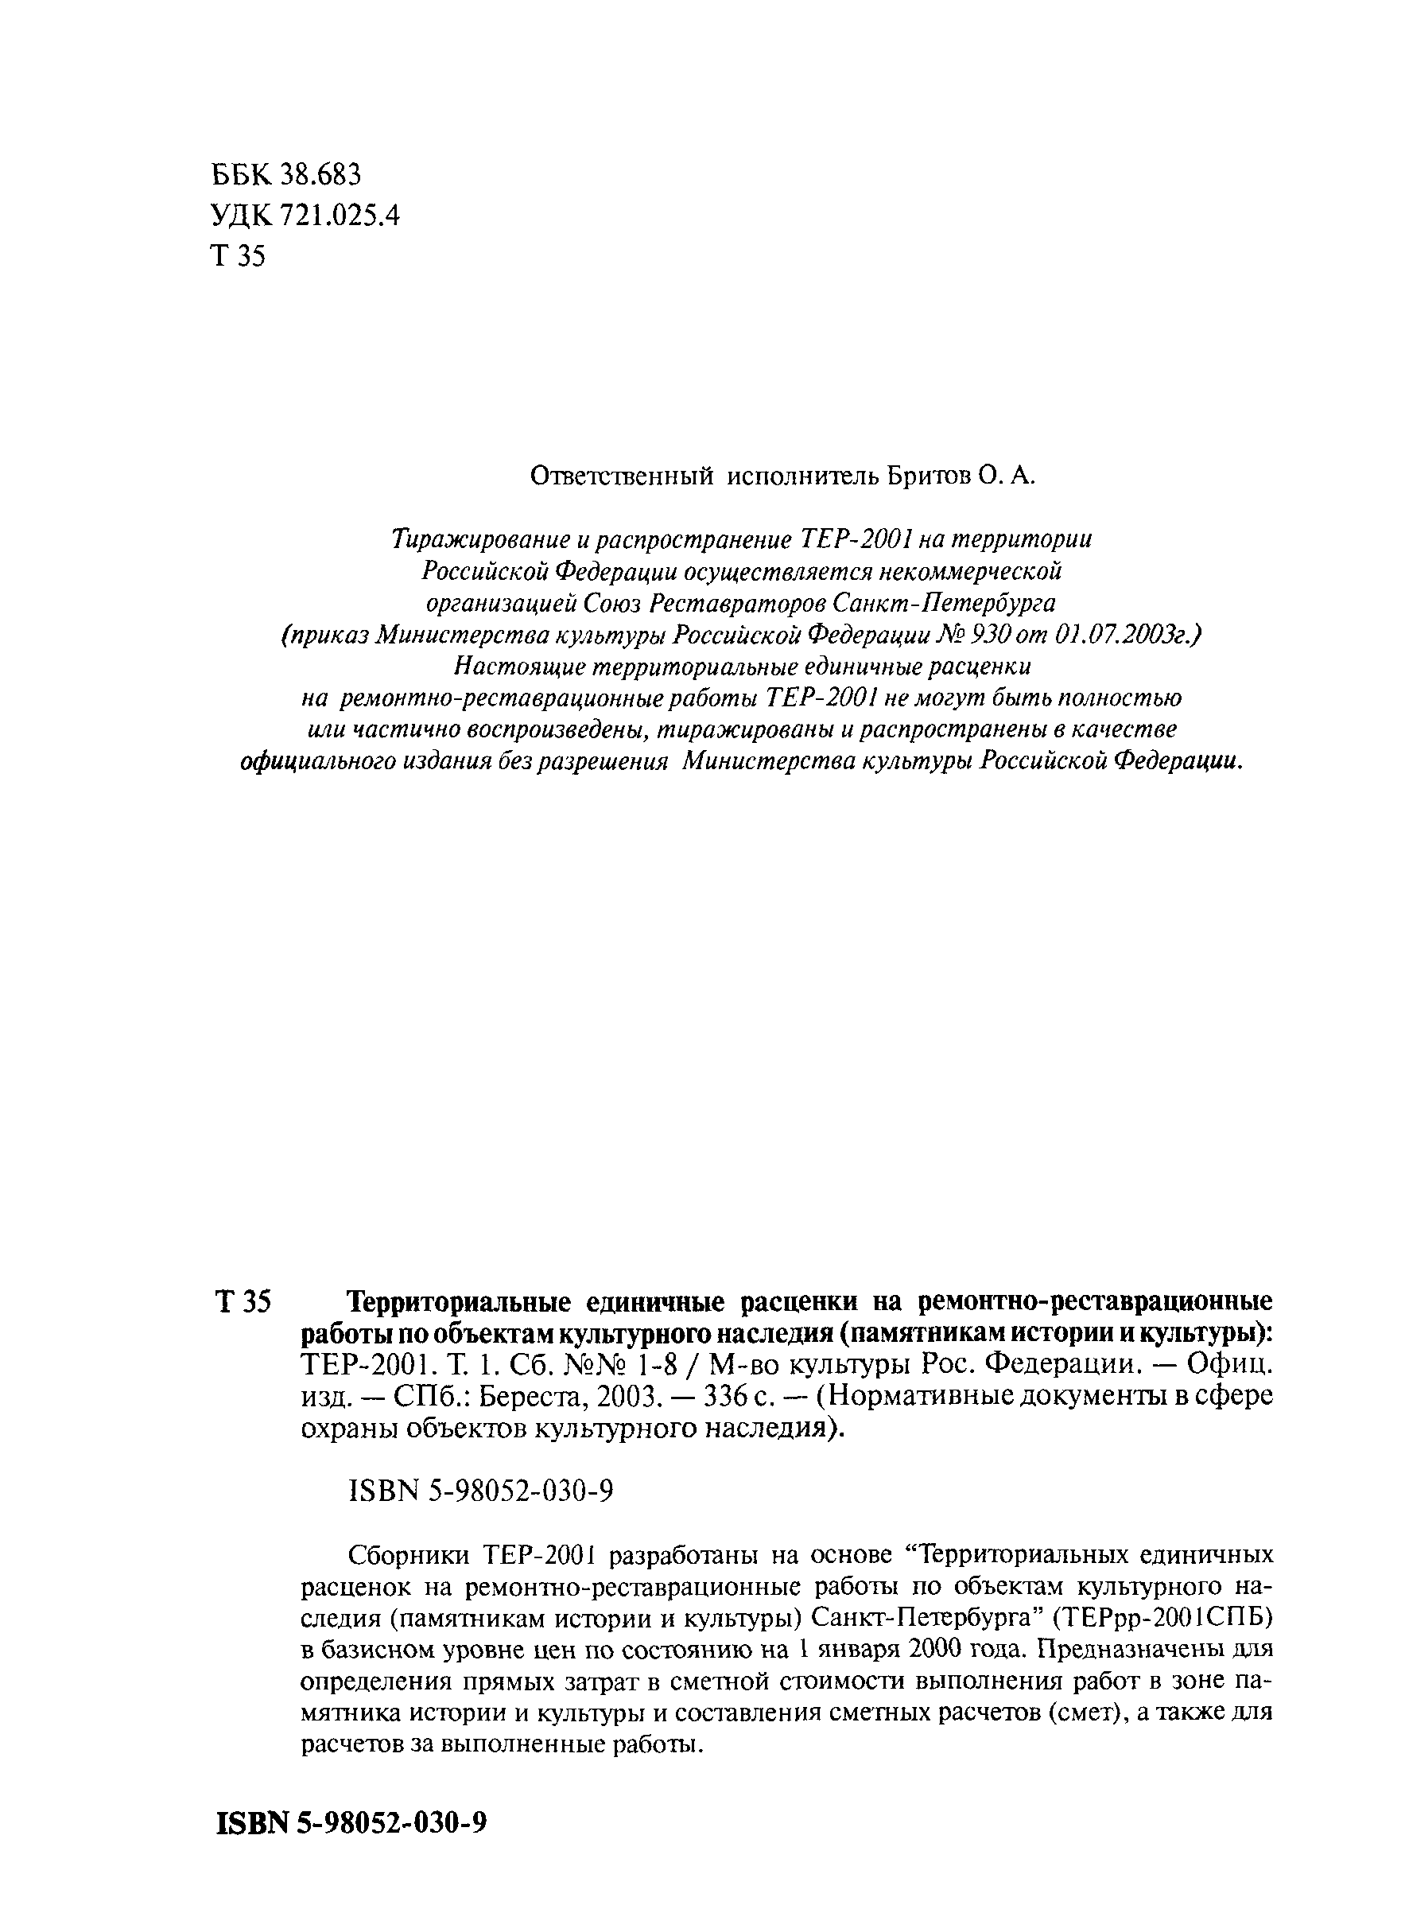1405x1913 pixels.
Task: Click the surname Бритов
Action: pyautogui.click(x=929, y=476)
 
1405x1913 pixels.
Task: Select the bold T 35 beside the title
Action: pyautogui.click(x=243, y=1301)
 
